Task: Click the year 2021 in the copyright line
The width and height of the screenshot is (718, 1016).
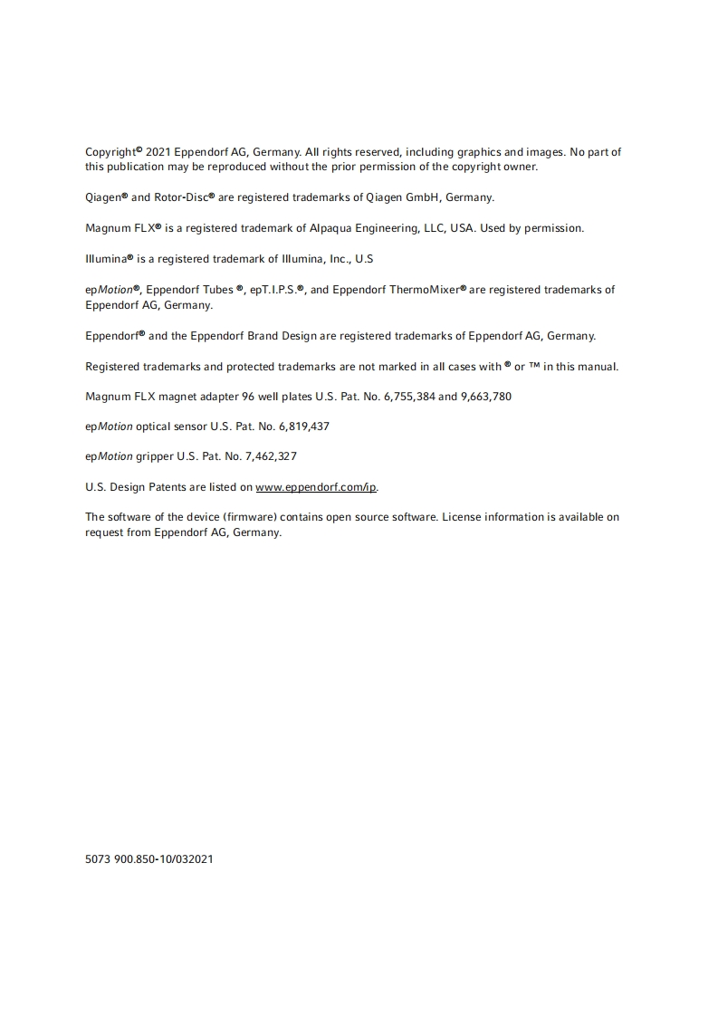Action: tap(158, 152)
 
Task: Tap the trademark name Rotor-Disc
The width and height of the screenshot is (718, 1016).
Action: tap(184, 197)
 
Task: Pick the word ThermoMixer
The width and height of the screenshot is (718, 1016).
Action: tap(426, 290)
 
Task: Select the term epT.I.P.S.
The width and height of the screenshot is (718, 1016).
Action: tap(275, 290)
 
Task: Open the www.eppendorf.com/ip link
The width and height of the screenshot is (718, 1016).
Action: tap(316, 487)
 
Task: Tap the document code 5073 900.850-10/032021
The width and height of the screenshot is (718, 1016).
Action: tap(149, 859)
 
